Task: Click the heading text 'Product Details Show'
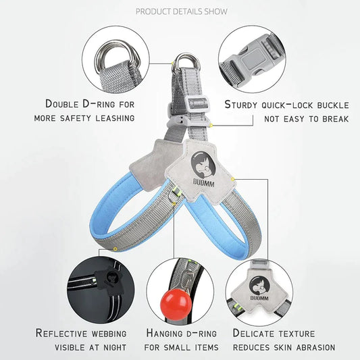tap(182, 11)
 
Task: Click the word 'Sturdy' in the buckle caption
tap(241, 105)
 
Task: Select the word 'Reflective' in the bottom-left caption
tap(61, 333)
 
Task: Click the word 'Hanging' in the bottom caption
tap(164, 334)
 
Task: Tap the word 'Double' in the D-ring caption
tap(62, 104)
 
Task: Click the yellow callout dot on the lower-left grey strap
tap(115, 249)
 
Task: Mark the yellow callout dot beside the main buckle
tap(211, 125)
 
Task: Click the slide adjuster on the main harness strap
tap(198, 104)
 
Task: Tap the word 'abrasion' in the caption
tap(315, 348)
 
